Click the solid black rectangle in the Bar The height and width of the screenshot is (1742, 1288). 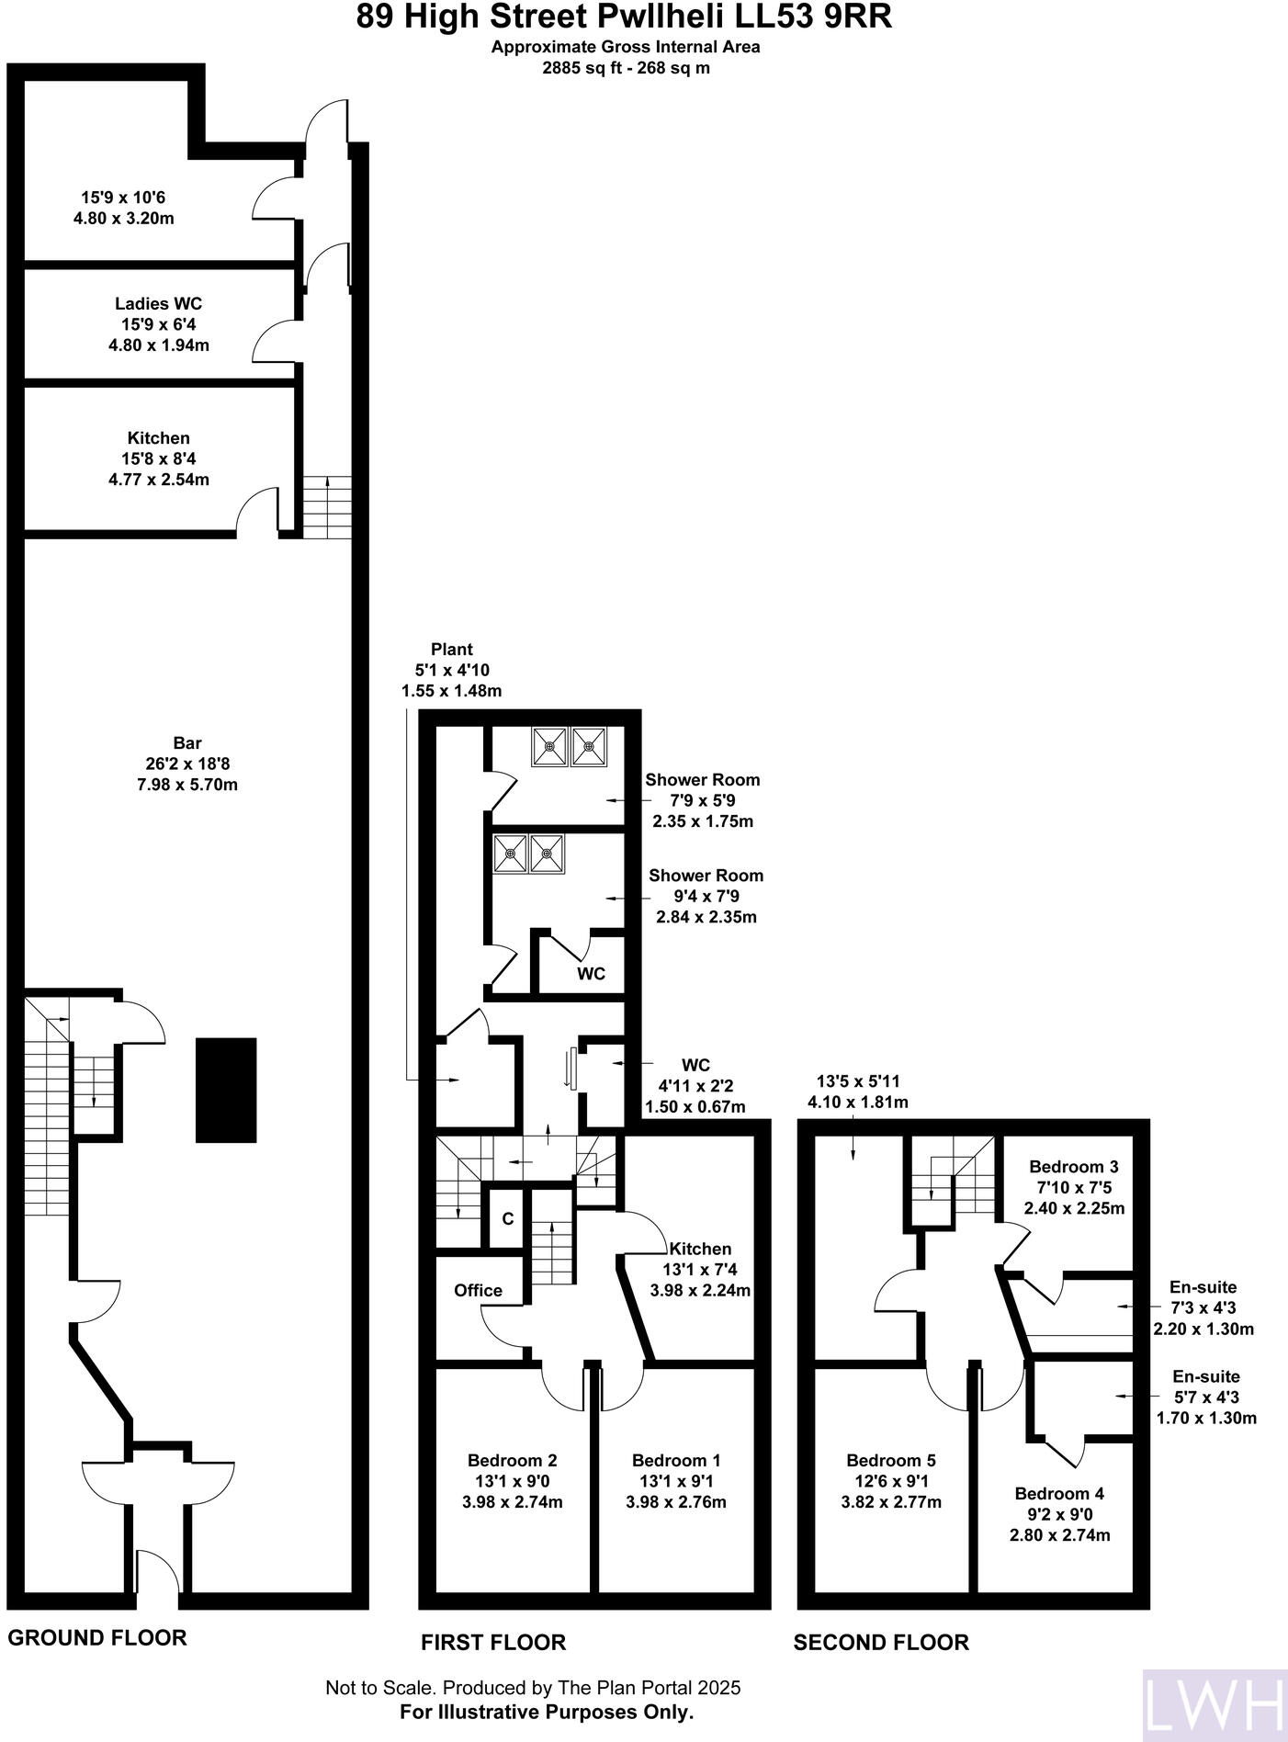pos(226,1090)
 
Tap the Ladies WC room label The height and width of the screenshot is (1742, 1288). pos(158,303)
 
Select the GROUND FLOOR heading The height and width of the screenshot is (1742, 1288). pos(97,1637)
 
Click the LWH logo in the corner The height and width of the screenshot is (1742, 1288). pos(1213,1704)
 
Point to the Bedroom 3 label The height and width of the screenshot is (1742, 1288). pos(1073,1167)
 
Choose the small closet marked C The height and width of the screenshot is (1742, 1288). pos(507,1219)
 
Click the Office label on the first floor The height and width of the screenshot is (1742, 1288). pos(478,1291)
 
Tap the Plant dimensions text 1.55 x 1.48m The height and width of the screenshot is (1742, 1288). pos(451,691)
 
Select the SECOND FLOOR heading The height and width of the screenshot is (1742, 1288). pos(880,1642)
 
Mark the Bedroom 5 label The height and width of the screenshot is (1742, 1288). pos(890,1460)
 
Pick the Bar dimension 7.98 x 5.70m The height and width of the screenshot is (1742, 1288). pos(186,785)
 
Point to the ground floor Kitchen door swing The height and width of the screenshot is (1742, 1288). pos(257,510)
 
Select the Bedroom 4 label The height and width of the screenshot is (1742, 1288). pos(1059,1494)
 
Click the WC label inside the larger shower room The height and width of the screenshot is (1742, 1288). pos(591,974)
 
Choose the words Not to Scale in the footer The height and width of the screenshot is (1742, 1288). pos(381,1688)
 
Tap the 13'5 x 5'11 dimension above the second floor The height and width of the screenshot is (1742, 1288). pos(856,1081)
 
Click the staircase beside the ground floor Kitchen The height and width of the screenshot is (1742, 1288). pos(327,507)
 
